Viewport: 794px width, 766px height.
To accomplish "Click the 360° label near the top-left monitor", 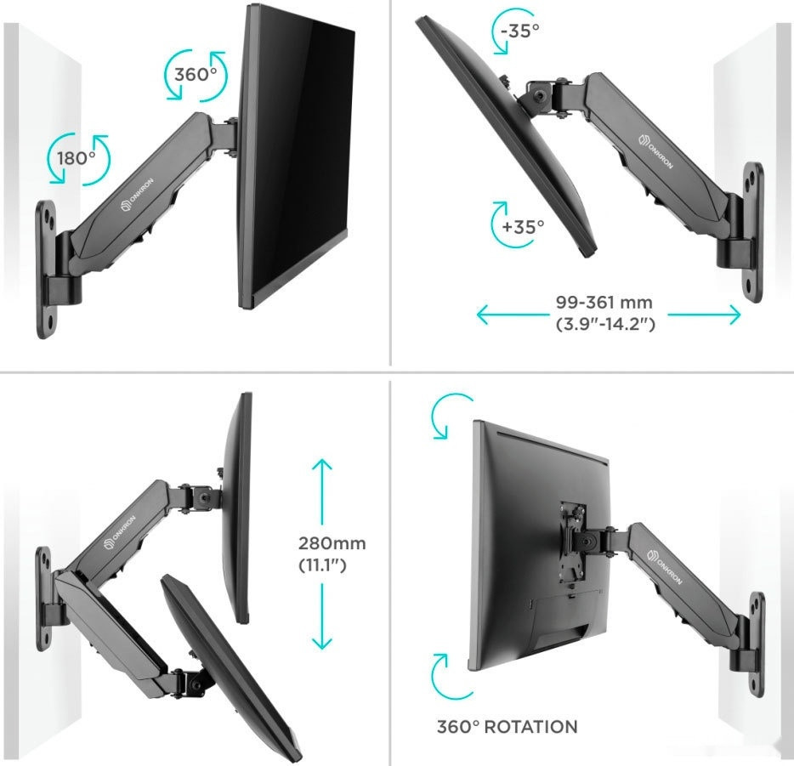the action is [196, 75].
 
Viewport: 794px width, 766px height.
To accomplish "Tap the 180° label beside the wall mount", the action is [77, 158].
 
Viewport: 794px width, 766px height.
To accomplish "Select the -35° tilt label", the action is [519, 31].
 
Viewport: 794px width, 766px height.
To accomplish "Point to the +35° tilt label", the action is [523, 226].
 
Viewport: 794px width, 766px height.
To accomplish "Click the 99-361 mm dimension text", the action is [604, 303].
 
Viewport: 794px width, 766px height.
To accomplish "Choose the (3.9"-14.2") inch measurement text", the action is [605, 324].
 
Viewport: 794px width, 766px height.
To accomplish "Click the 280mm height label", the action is [332, 543].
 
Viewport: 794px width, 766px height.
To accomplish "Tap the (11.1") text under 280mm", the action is [322, 565].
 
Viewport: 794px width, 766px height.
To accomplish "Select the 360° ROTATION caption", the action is [507, 727].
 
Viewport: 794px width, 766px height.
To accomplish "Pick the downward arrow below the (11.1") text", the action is [322, 616].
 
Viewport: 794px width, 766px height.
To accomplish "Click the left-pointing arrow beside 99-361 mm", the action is [513, 315].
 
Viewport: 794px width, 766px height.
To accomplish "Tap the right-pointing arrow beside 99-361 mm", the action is [705, 315].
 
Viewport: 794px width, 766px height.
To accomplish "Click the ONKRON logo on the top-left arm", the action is [137, 195].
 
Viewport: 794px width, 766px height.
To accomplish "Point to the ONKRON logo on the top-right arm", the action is [656, 151].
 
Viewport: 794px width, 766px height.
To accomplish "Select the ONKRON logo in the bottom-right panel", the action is [665, 566].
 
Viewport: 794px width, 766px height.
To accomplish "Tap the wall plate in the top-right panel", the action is [753, 232].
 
